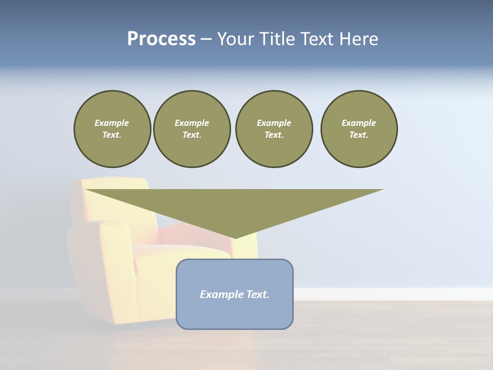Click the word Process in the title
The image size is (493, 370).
click(161, 39)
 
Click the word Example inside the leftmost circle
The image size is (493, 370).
click(112, 123)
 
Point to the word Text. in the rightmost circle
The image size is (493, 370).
click(358, 135)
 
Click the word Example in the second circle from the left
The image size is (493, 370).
click(192, 123)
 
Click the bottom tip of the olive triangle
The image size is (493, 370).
click(235, 237)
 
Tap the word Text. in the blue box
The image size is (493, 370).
click(257, 294)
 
